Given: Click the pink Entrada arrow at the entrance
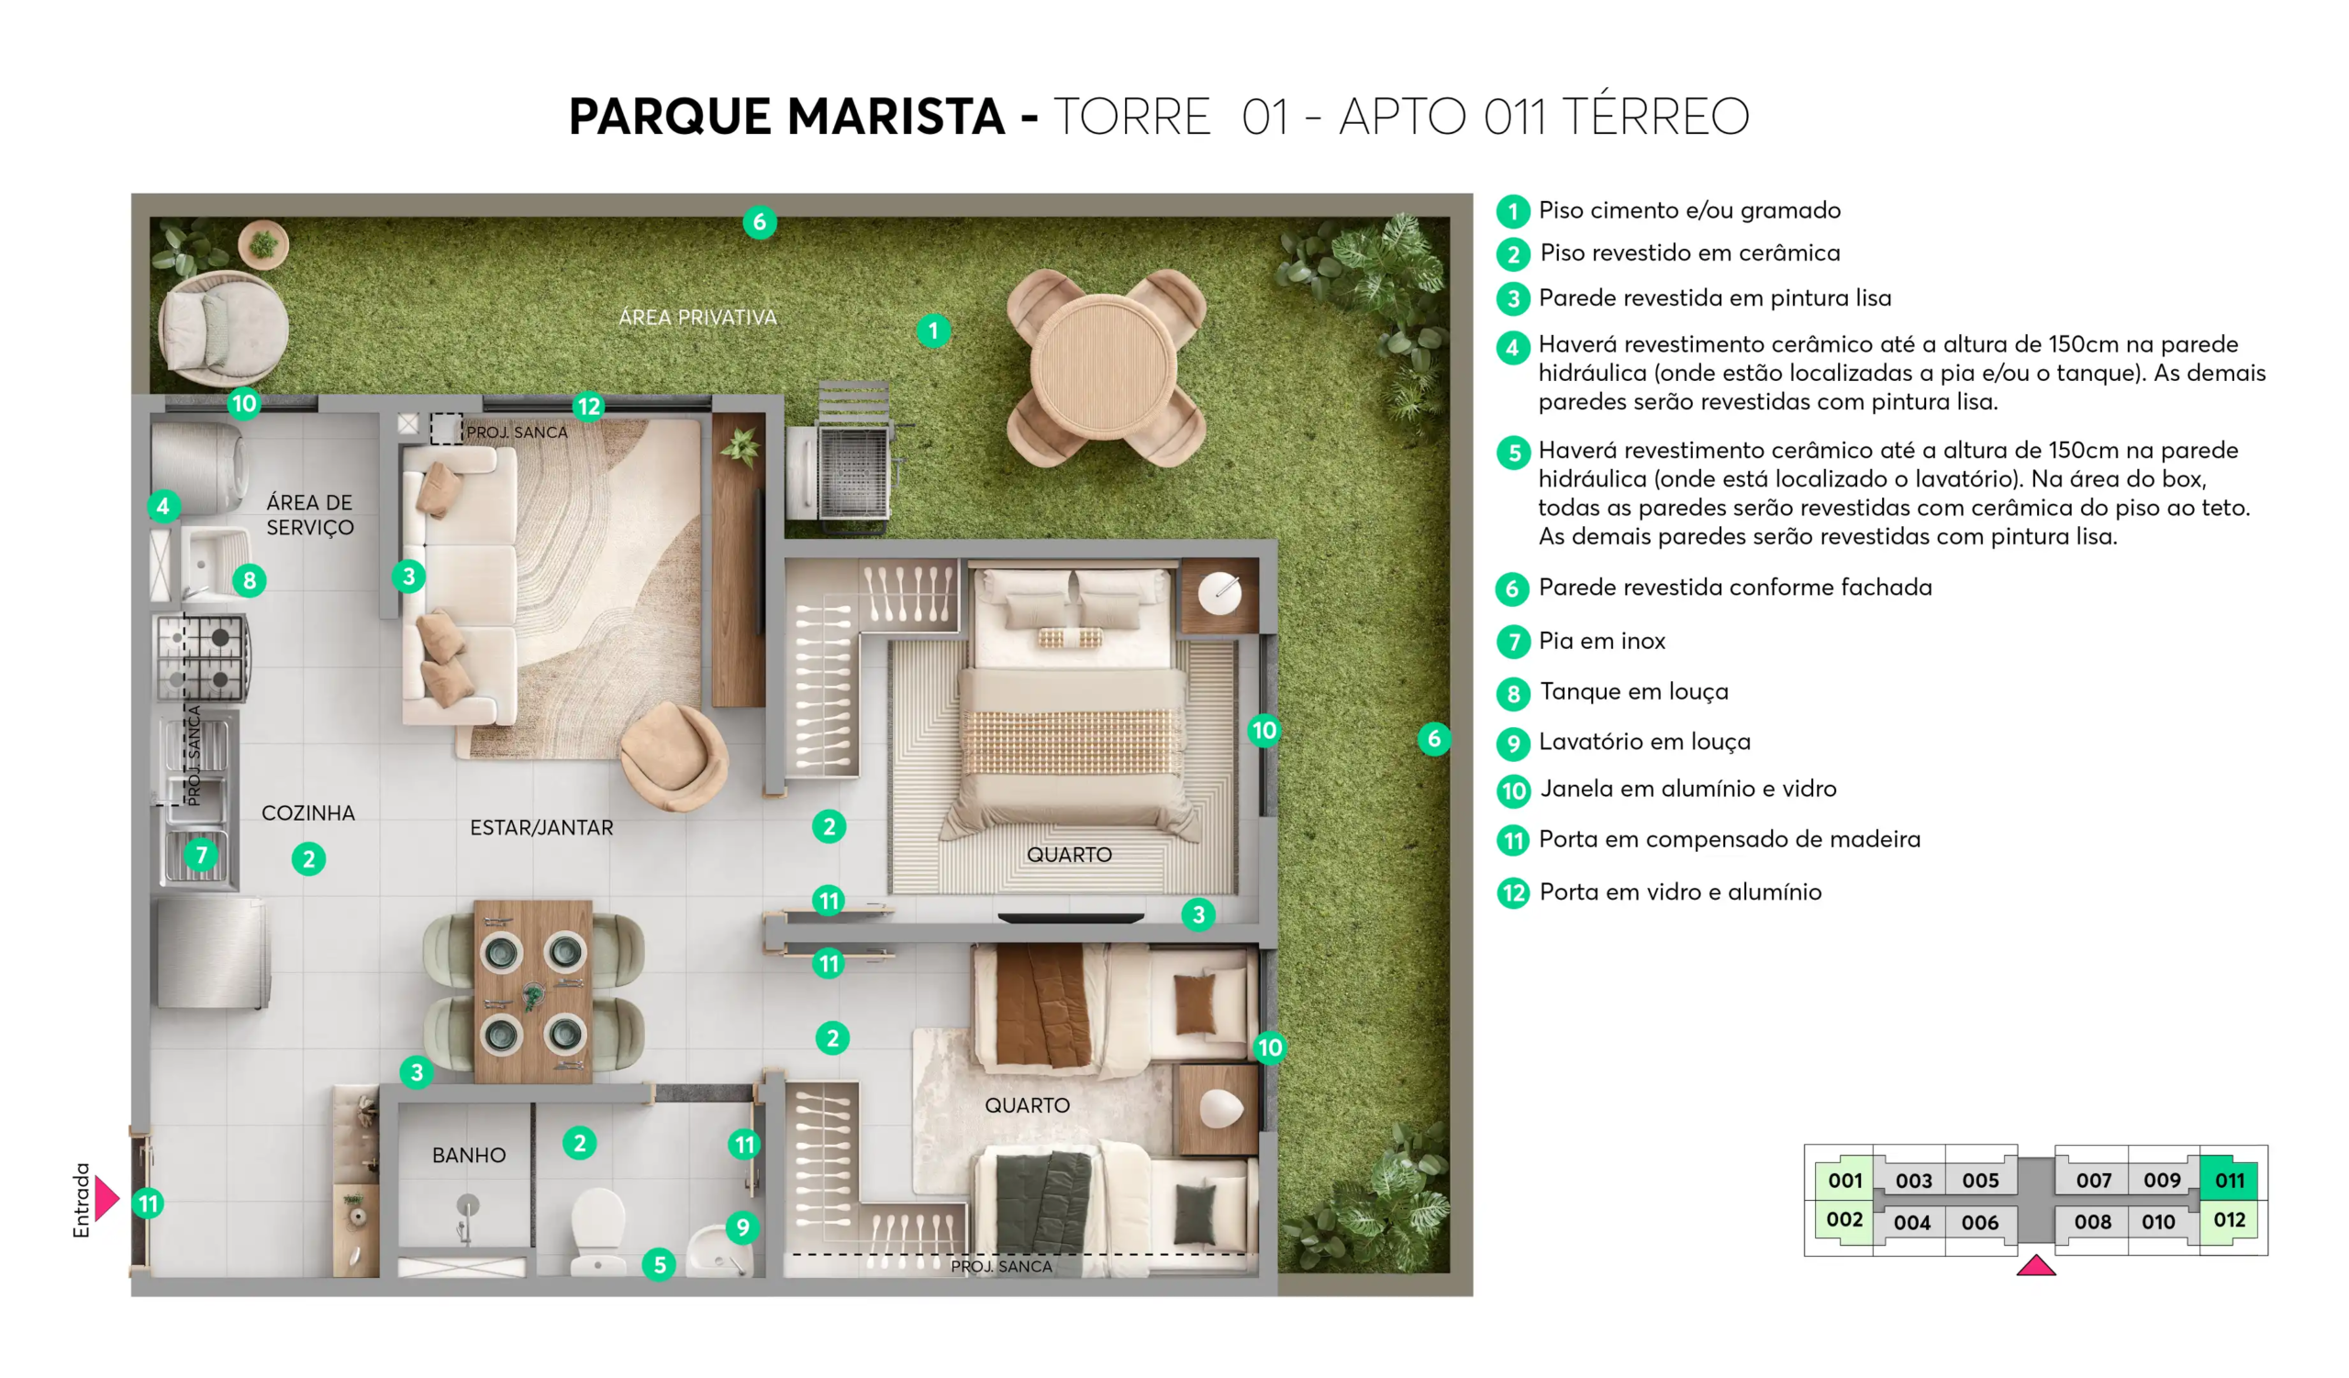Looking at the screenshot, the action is pos(106,1199).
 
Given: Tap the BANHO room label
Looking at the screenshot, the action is pos(469,1155).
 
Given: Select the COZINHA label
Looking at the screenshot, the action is pos(307,813).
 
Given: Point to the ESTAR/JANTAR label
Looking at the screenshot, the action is pos(541,828).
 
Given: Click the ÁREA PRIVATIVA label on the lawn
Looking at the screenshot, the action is pos(697,317).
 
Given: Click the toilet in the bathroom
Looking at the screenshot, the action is pos(597,1231).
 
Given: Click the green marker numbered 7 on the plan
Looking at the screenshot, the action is pos(201,855).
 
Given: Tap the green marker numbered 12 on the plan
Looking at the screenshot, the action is pos(589,407).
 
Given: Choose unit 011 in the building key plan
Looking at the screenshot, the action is pos(2229,1181).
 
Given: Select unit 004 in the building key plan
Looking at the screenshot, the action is pos(1912,1222).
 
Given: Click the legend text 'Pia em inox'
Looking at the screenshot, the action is pos(1601,641).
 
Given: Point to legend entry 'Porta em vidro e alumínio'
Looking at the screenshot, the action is pos(1680,892).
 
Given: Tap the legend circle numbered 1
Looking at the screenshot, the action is pos(1513,212).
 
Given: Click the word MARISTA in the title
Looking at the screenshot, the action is pos(896,117).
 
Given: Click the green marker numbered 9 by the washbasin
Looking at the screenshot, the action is pos(742,1227).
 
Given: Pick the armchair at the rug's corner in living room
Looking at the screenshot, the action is pos(674,756).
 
